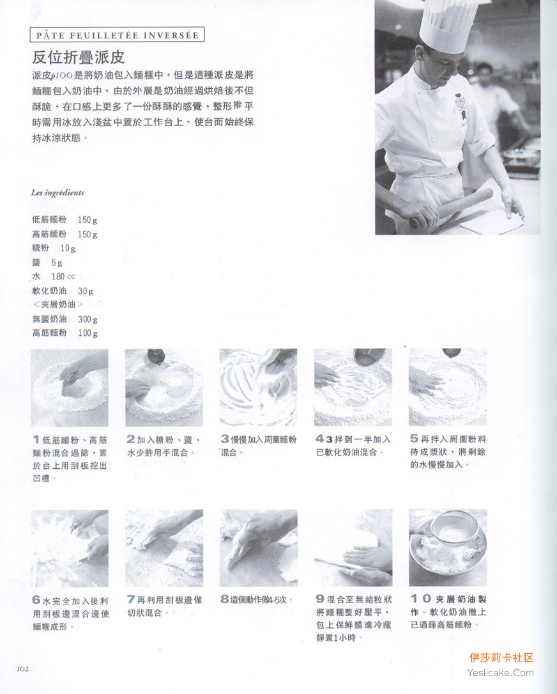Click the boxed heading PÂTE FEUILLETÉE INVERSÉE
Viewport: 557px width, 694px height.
pos(118,35)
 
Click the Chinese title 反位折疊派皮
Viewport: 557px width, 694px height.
pos(78,57)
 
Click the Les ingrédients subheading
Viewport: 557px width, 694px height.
pos(57,193)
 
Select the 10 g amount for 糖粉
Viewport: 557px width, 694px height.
pos(68,248)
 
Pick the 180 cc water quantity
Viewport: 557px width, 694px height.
pos(63,276)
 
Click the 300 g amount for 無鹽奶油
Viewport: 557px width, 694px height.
pos(88,319)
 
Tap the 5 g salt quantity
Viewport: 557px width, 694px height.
pos(57,263)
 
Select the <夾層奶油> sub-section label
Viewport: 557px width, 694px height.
pos(58,304)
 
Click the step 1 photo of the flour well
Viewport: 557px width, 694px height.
pos(70,387)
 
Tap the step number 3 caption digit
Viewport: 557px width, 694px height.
pos(225,439)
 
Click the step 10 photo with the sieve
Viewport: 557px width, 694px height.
pos(448,548)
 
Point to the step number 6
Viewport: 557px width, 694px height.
pos(36,600)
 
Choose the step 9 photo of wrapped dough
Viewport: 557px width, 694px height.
pos(353,548)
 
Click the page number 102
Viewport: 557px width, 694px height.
pos(22,669)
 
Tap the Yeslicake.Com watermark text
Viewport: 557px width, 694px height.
pos(500,673)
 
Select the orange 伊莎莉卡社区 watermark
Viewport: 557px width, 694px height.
pos(501,658)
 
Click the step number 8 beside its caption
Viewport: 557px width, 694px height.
pos(225,599)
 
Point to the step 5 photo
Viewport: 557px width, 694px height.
pos(448,387)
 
